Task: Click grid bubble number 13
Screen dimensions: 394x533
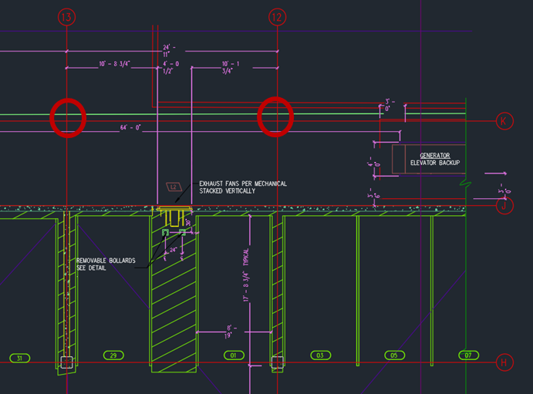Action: coord(67,16)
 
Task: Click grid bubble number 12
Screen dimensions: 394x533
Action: coord(276,16)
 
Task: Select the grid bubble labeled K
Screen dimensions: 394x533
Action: coord(504,121)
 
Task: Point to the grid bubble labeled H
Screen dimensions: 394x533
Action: coord(504,362)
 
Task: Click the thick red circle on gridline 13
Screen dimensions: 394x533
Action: coord(67,118)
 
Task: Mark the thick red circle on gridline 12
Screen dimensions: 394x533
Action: coord(275,117)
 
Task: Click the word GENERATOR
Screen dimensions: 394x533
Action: coord(434,155)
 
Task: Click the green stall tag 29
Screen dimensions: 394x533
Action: coord(114,355)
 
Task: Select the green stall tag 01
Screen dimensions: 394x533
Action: coord(231,355)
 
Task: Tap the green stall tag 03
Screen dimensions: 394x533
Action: coord(319,355)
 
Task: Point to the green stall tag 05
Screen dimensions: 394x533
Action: coord(393,355)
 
